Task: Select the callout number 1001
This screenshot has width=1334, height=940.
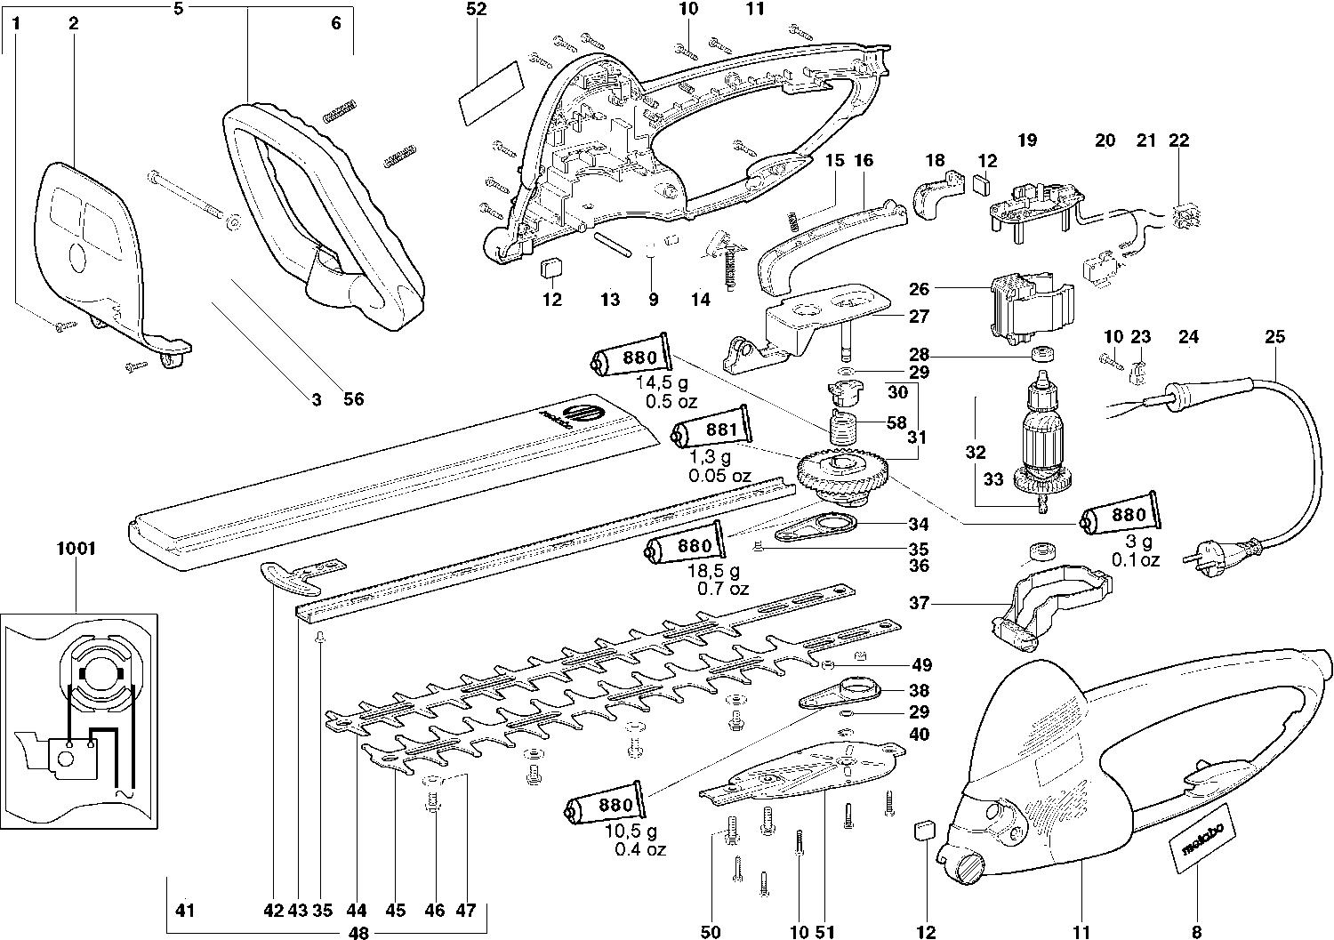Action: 76,549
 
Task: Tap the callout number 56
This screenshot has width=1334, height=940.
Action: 354,400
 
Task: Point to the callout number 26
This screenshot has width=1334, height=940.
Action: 919,289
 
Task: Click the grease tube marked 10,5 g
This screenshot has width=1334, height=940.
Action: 604,806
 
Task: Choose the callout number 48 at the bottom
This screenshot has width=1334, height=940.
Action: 359,934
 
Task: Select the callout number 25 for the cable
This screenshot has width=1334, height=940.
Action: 1275,337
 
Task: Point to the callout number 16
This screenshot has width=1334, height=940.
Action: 863,161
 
